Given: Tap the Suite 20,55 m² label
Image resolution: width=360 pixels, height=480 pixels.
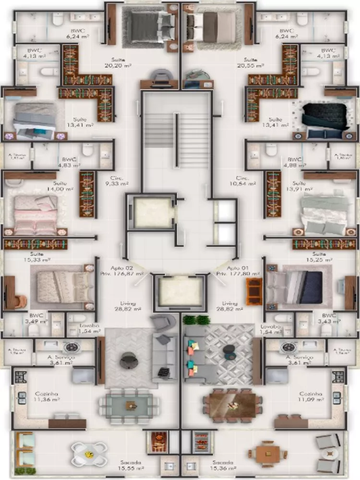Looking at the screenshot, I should pyautogui.click(x=250, y=63).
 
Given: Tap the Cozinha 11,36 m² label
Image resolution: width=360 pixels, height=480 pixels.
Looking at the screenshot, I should pyautogui.click(x=46, y=396).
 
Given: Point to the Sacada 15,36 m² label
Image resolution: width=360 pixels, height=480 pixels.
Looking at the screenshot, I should pyautogui.click(x=223, y=465).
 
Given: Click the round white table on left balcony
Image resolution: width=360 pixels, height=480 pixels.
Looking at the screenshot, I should pyautogui.click(x=89, y=453).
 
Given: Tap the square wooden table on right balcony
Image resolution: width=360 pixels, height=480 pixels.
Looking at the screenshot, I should pyautogui.click(x=267, y=454).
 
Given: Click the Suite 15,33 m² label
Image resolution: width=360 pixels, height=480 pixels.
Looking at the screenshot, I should pyautogui.click(x=36, y=257).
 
